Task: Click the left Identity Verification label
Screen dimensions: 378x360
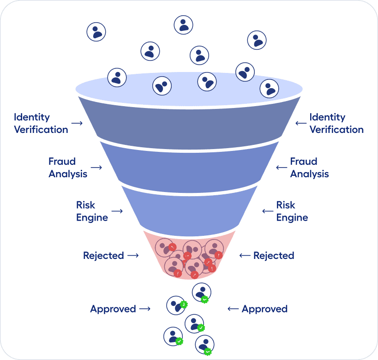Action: pyautogui.click(x=41, y=123)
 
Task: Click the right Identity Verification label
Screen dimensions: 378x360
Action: pyautogui.click(x=336, y=123)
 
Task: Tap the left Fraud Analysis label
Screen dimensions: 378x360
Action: pyautogui.click(x=68, y=168)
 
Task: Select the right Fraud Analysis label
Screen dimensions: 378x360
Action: pyautogui.click(x=310, y=168)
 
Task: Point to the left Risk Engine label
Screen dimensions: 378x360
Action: pyautogui.click(x=92, y=211)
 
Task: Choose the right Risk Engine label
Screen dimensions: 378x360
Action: pyautogui.click(x=292, y=211)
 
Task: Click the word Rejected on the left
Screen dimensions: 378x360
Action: pyautogui.click(x=104, y=255)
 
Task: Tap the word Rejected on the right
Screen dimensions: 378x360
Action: pyautogui.click(x=274, y=255)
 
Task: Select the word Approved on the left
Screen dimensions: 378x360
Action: pyautogui.click(x=113, y=309)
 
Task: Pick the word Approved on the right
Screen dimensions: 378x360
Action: pyautogui.click(x=265, y=309)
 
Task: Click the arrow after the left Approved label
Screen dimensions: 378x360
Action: pyautogui.click(x=145, y=309)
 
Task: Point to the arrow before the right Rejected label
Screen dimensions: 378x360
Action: pyautogui.click(x=245, y=255)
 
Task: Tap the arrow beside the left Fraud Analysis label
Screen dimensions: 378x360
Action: pyautogui.click(x=96, y=168)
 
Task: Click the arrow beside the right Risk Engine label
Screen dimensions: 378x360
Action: pyautogui.click(x=268, y=211)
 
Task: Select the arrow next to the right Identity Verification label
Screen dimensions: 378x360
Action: pyautogui.click(x=301, y=123)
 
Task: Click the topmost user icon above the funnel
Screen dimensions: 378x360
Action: pyautogui.click(x=183, y=25)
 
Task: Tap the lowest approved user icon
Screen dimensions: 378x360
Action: pyautogui.click(x=204, y=345)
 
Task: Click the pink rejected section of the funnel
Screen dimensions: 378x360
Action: pyautogui.click(x=190, y=256)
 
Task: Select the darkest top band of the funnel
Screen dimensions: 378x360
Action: pyautogui.click(x=190, y=126)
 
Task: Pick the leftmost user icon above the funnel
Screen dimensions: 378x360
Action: pyautogui.click(x=96, y=32)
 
